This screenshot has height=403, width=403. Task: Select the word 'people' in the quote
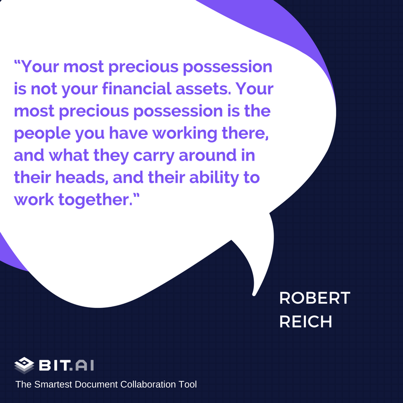42,134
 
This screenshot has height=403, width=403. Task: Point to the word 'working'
185,133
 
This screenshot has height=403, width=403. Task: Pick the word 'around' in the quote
208,156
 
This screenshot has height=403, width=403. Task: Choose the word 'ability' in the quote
214,178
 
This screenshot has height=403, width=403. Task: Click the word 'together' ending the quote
95,200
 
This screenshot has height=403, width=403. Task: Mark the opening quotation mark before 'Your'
17,62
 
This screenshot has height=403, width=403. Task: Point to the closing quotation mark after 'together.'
136,195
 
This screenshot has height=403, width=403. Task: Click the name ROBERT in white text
314,298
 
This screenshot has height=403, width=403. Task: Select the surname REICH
306,321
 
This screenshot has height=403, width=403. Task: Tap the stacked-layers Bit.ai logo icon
24,365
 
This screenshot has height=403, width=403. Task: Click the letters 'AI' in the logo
85,365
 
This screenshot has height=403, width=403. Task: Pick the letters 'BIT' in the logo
54,365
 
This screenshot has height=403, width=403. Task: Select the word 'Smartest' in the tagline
53,384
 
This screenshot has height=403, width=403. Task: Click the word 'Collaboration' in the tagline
147,384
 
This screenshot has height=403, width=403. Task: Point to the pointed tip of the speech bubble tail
254,295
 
